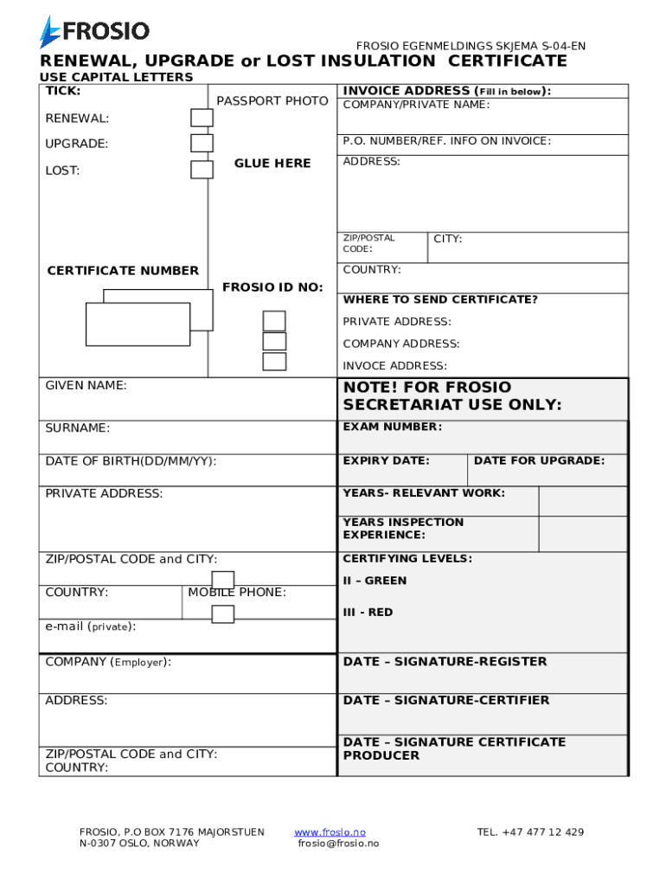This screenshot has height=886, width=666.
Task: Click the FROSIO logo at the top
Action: [94, 32]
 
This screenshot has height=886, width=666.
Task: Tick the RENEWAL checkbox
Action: [202, 118]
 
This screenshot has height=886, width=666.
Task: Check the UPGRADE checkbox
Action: [202, 144]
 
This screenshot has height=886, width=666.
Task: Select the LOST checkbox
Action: [202, 170]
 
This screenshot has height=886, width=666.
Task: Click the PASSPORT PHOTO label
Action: [272, 101]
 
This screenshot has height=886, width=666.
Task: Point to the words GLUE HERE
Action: [272, 164]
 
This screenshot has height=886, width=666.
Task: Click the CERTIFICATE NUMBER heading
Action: [123, 271]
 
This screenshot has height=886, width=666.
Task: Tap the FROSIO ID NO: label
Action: [272, 287]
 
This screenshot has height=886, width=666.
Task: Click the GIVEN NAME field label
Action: [86, 385]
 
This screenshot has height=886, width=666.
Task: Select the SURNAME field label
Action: [78, 428]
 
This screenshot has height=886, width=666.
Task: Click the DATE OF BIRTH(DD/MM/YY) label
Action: [131, 461]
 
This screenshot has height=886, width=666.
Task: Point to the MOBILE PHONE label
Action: [237, 593]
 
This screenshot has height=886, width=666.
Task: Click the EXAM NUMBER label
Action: [392, 427]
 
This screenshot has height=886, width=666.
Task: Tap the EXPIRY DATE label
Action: [386, 460]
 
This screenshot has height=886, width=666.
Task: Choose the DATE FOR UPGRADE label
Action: [539, 460]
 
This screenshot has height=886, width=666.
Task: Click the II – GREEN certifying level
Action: [375, 581]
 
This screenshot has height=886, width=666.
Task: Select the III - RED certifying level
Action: [368, 613]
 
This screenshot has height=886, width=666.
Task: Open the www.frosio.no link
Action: [330, 832]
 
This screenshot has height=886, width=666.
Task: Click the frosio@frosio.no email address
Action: [338, 844]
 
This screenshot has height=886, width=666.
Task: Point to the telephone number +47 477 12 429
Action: [530, 832]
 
